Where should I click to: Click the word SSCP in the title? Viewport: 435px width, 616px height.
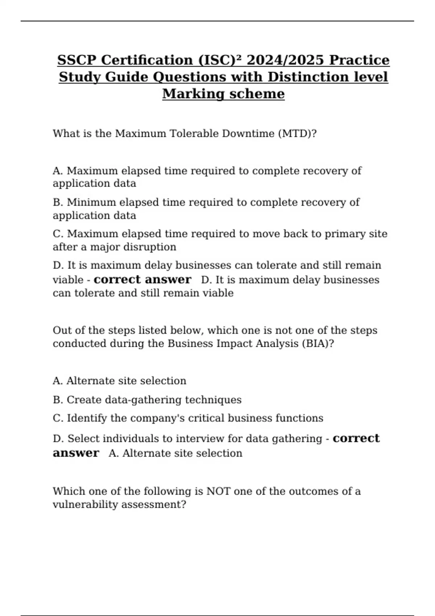77,60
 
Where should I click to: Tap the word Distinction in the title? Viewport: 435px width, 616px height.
308,77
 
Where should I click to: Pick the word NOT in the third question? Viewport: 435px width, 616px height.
218,491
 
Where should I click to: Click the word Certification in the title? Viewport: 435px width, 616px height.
147,60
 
